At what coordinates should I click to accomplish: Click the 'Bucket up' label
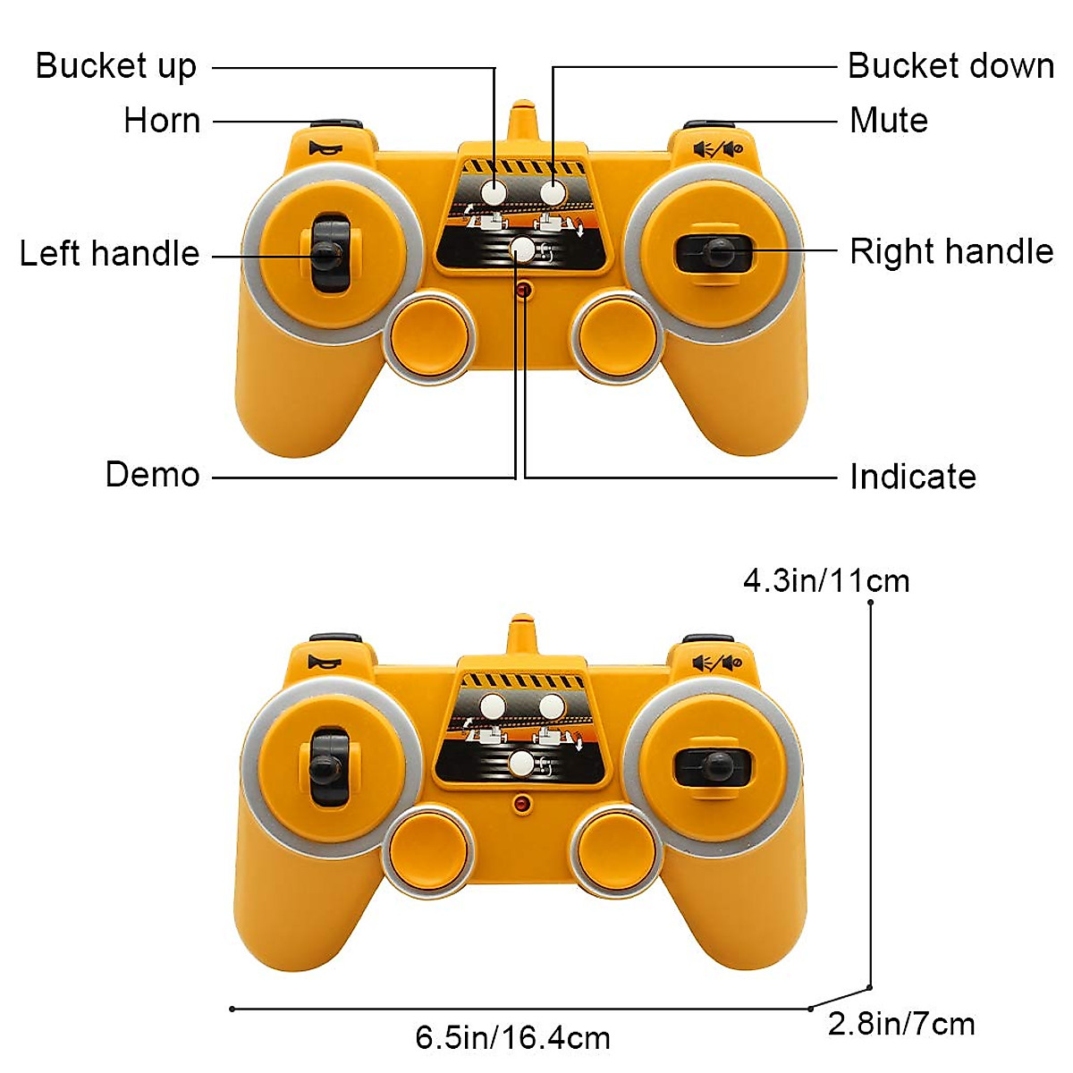pyautogui.click(x=115, y=67)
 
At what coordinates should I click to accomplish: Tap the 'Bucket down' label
pyautogui.click(x=950, y=66)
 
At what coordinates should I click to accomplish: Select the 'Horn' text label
pyautogui.click(x=162, y=121)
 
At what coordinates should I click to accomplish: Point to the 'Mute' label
pyautogui.click(x=888, y=121)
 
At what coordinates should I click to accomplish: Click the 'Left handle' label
pyautogui.click(x=109, y=254)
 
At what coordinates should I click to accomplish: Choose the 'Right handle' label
pyautogui.click(x=950, y=252)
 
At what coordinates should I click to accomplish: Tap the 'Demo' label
pyautogui.click(x=152, y=475)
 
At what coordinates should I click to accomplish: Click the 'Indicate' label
pyautogui.click(x=912, y=477)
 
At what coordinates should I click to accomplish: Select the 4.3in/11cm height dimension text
pyautogui.click(x=825, y=581)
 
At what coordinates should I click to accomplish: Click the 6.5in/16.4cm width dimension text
pyautogui.click(x=512, y=1038)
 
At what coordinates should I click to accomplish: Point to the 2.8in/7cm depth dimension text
pyautogui.click(x=900, y=1025)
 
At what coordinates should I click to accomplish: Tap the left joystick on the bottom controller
pyautogui.click(x=326, y=768)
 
